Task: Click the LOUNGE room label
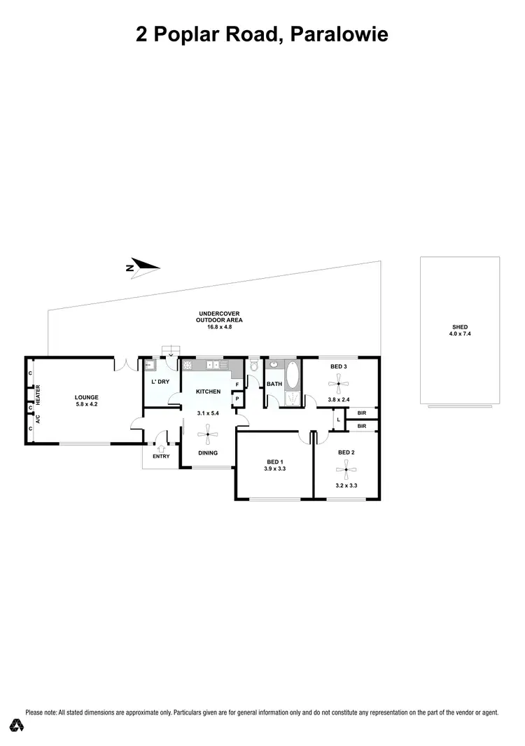(x=87, y=396)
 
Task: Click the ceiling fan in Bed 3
(x=339, y=382)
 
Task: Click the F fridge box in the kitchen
(x=237, y=385)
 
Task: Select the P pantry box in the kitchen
(x=237, y=399)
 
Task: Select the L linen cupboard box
(x=339, y=420)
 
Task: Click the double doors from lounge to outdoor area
(x=126, y=364)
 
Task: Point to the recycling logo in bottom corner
(x=15, y=724)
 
